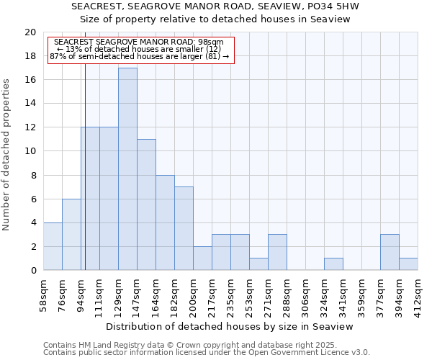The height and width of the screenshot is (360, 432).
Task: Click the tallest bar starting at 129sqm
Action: pos(127,169)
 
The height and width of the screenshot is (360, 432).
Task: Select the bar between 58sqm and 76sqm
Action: pos(53,246)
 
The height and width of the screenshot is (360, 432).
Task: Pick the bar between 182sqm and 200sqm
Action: pos(184,228)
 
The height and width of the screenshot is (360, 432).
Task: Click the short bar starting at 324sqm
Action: pos(333,264)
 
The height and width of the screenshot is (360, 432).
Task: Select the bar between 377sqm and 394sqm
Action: pos(390,252)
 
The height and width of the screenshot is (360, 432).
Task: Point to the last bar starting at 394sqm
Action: pos(408,264)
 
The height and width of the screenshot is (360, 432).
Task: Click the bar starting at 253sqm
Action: pos(258,264)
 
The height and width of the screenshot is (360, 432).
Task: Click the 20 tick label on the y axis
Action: pos(30,32)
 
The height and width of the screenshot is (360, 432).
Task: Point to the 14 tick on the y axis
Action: pos(30,104)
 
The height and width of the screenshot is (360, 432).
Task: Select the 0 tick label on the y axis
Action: pos(32,271)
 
